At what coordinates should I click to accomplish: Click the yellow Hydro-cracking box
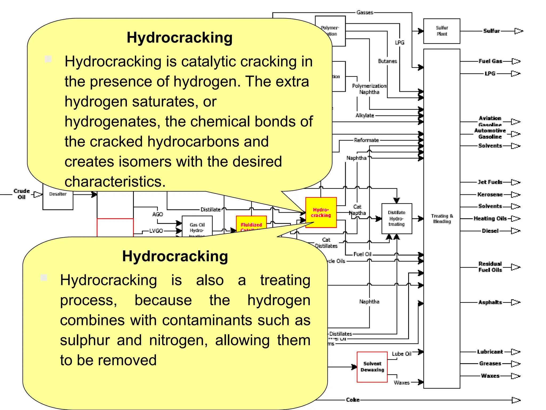321,212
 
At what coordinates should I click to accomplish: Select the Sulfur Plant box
441,31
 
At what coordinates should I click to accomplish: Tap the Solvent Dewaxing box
372,367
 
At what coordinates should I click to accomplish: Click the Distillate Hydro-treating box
396,218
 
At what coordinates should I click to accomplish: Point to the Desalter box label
58,194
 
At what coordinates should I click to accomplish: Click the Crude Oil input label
22,194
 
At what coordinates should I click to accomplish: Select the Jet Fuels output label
490,182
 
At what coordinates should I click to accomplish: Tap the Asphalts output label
490,302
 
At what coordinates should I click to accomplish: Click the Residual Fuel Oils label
490,267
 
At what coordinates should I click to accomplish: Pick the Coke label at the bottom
353,400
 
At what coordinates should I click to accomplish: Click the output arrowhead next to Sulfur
518,31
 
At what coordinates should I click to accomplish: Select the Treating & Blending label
442,219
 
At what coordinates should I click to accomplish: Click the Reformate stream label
366,140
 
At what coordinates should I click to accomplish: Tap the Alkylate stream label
365,115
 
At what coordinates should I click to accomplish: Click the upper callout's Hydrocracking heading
179,37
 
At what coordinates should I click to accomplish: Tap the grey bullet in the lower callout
44,278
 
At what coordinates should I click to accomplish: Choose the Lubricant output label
490,352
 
